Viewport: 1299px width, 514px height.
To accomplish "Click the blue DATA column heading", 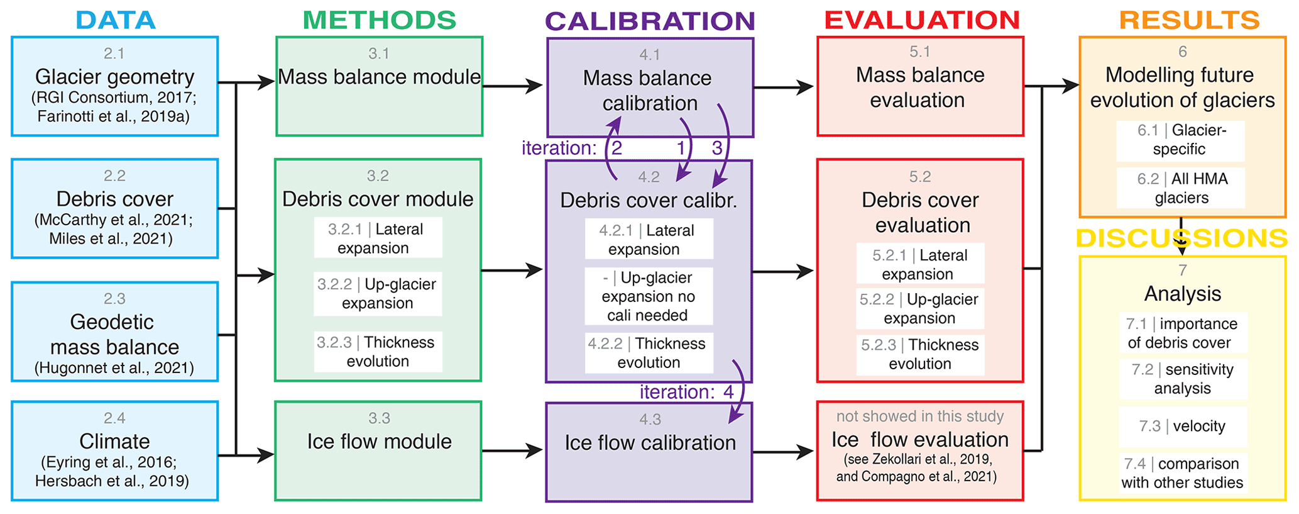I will pos(116,20).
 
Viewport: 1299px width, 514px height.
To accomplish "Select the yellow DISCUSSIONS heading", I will pos(1181,238).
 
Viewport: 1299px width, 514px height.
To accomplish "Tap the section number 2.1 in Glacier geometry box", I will pos(114,53).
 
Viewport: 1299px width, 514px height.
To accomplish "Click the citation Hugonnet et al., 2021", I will pos(114,368).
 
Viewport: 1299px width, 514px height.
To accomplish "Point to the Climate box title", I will pos(114,441).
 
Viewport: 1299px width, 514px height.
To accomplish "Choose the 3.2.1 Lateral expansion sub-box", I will pos(378,238).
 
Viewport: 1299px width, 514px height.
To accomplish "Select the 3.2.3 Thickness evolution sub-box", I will pos(378,352).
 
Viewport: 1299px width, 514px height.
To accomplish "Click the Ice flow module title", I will pos(379,442).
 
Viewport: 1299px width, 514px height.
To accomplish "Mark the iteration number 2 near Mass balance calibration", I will pos(617,148).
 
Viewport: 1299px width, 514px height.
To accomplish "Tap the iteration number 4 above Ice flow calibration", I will pos(728,392).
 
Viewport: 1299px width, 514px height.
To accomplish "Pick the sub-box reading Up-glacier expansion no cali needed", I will pos(649,296).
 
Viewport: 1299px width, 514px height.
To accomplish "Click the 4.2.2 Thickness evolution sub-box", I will pos(649,353).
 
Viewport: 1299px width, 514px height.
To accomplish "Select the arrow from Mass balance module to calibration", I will pos(513,86).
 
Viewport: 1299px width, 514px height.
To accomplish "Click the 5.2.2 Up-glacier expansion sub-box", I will pos(919,308).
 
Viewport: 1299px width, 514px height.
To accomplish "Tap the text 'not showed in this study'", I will pos(919,416).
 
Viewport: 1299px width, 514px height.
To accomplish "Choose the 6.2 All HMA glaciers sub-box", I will pos(1181,188).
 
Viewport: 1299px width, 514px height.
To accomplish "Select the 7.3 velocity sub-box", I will pos(1182,426).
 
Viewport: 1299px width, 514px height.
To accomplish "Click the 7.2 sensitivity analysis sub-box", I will pos(1182,379).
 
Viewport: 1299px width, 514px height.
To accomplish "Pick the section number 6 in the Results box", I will pos(1182,52).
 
